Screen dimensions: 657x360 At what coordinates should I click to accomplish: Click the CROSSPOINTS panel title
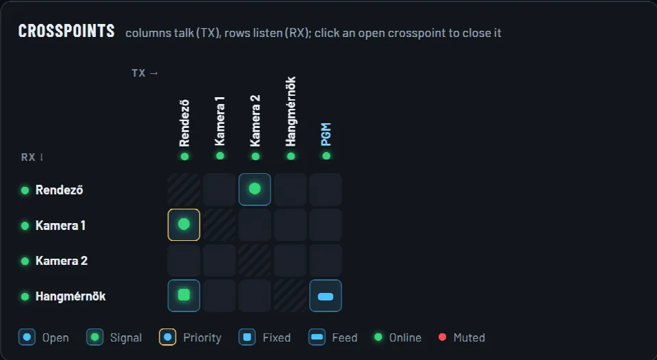[x=66, y=31]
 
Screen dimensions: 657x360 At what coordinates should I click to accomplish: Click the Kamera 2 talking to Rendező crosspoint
[x=255, y=190]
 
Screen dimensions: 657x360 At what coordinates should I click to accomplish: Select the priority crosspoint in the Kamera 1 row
[x=184, y=224]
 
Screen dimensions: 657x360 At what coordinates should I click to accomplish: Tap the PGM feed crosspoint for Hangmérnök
[x=326, y=296]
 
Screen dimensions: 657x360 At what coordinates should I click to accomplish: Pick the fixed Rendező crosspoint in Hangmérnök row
[x=184, y=296]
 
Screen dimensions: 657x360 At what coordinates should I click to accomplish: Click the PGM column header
[x=326, y=134]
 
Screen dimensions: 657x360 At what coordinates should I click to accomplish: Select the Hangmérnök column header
[x=290, y=112]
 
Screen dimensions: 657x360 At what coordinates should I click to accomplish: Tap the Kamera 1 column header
[x=220, y=121]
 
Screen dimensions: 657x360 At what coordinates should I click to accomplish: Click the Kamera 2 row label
[x=61, y=261]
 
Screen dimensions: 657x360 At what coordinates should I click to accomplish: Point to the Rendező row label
[x=59, y=190]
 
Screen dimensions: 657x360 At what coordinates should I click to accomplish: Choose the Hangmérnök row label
[x=70, y=296]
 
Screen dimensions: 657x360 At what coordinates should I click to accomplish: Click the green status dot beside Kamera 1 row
[x=25, y=225]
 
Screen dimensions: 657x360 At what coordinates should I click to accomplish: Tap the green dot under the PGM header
[x=326, y=156]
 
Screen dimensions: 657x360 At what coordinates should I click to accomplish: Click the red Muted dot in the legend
[x=442, y=337]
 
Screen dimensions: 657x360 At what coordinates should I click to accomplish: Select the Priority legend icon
[x=167, y=337]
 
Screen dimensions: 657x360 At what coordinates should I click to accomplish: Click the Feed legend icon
[x=317, y=337]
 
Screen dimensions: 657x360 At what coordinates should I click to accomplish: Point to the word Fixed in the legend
[x=276, y=338]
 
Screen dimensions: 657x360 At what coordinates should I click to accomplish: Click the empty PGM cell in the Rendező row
[x=326, y=190]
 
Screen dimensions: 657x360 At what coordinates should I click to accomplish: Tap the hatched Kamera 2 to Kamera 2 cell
[x=255, y=260]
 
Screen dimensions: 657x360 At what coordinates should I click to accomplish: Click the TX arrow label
[x=145, y=73]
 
